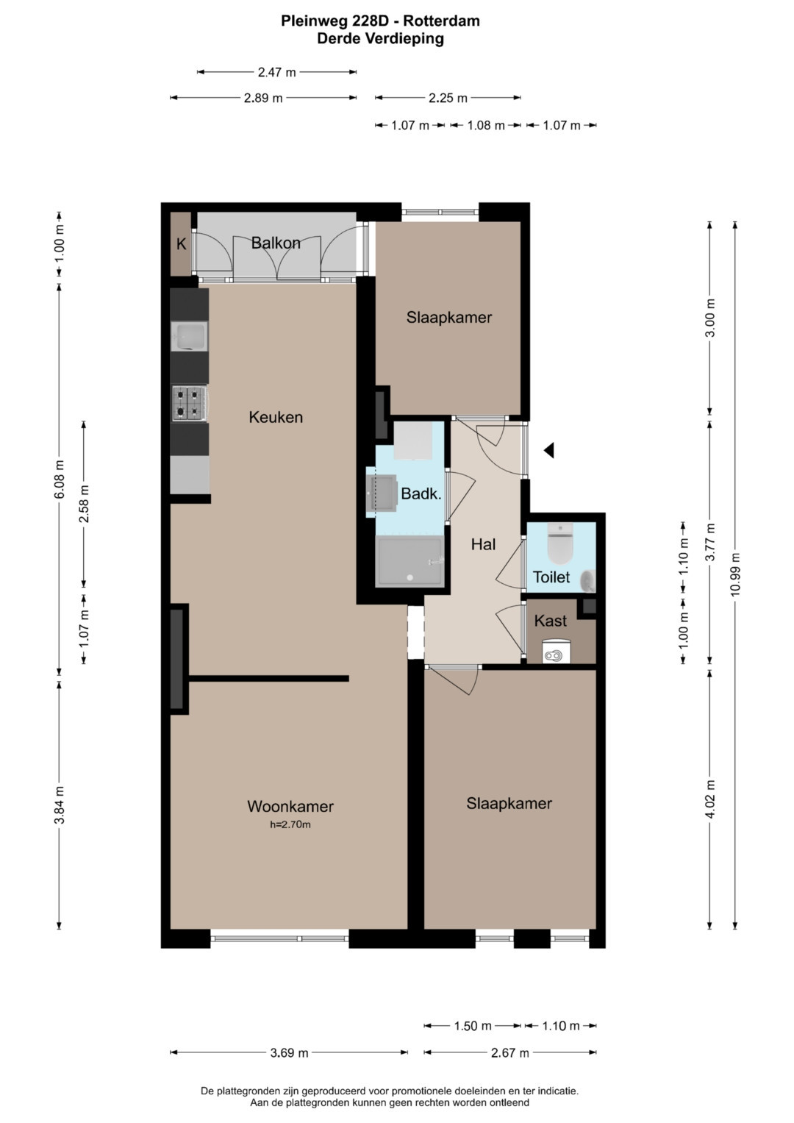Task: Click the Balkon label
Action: [x=276, y=243]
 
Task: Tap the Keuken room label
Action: [x=276, y=417]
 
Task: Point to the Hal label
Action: [x=483, y=544]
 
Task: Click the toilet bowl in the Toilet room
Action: [x=560, y=544]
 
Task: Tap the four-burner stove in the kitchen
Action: [x=189, y=403]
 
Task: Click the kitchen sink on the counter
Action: [x=189, y=336]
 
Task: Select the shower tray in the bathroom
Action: [x=410, y=560]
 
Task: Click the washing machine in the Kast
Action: [x=557, y=651]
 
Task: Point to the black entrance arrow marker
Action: [x=549, y=450]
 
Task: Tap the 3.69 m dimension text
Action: [x=289, y=1052]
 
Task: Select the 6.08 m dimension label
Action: [x=59, y=479]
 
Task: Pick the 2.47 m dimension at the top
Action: [x=276, y=72]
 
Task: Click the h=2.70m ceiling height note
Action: [x=290, y=824]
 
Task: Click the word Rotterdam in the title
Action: [x=441, y=21]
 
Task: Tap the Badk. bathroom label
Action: [x=421, y=493]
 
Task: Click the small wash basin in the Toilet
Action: [x=588, y=581]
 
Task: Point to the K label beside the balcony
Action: [x=181, y=244]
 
